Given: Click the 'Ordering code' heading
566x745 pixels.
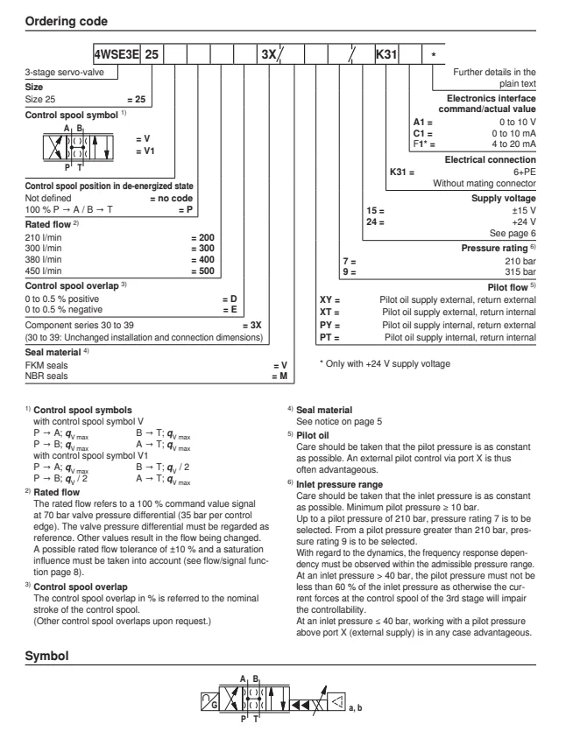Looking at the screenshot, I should click(x=61, y=12).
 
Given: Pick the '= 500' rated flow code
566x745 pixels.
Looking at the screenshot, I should click(x=203, y=272).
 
